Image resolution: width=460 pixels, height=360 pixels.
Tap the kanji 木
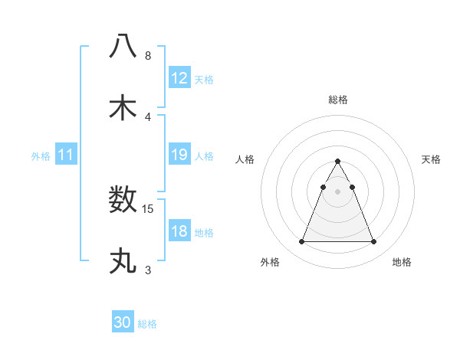click(x=123, y=107)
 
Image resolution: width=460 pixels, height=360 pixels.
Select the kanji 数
click(x=123, y=200)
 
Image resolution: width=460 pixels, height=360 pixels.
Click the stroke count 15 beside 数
click(x=149, y=208)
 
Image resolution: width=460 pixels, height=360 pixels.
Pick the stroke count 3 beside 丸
click(x=148, y=270)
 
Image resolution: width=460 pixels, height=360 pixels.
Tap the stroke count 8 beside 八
click(x=148, y=55)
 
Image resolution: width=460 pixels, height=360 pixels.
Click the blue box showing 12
click(x=179, y=77)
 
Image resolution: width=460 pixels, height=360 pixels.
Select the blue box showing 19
click(x=179, y=155)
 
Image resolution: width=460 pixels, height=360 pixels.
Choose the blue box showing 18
click(x=179, y=231)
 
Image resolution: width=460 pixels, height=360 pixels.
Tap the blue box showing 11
click(x=66, y=155)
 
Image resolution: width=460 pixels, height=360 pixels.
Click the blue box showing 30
click(x=122, y=322)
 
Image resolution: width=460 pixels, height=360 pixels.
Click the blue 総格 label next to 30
click(x=147, y=324)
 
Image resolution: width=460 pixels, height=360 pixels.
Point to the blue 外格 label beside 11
click(x=41, y=156)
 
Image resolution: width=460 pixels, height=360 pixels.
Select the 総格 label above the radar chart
click(x=337, y=100)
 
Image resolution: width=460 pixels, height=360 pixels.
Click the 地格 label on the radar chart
click(x=402, y=262)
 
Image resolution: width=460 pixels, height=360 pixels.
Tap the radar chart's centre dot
click(x=337, y=190)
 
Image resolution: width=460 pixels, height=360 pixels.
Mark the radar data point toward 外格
click(x=301, y=242)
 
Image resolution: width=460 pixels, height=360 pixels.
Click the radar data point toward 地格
click(x=373, y=242)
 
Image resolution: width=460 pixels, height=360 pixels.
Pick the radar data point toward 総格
click(x=337, y=161)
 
